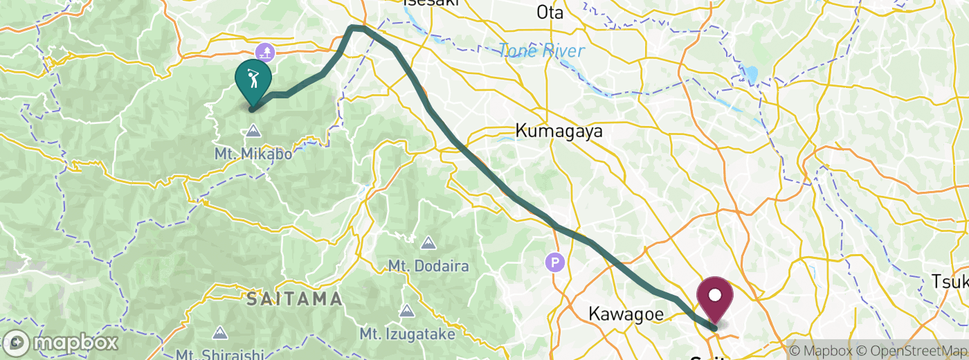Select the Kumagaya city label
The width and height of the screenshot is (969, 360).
[x=559, y=131]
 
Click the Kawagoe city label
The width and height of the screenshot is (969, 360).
[x=626, y=314]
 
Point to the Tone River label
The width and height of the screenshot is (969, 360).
[x=541, y=51]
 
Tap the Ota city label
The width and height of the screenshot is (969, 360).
[x=550, y=12]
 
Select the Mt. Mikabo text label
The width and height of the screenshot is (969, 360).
[x=253, y=153]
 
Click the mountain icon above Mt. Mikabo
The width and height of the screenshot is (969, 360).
[x=253, y=131]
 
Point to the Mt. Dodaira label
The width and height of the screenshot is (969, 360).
[x=428, y=266]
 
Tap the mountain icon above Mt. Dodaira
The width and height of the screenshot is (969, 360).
[x=428, y=243]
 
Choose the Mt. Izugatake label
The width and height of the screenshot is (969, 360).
[x=407, y=334]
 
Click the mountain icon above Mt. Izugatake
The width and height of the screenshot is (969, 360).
[x=407, y=312]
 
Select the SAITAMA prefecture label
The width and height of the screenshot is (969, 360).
[x=295, y=299]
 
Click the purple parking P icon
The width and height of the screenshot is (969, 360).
[x=555, y=262]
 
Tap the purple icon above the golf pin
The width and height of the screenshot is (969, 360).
[x=265, y=52]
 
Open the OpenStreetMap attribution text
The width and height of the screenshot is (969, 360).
[x=912, y=350]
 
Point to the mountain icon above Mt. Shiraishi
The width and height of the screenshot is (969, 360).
[x=220, y=334]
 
